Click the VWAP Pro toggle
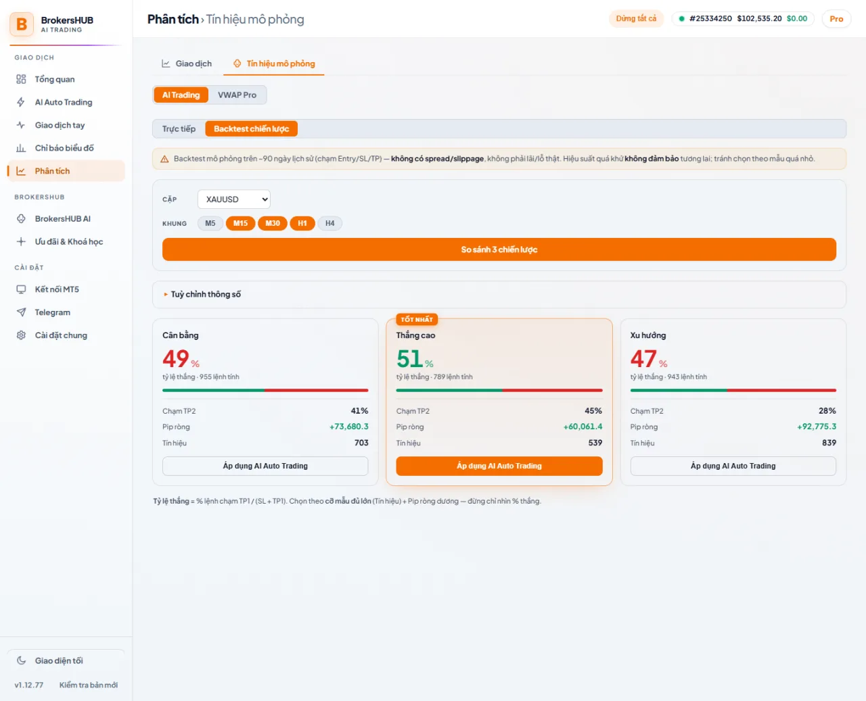click(237, 95)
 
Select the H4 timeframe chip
click(329, 223)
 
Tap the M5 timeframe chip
click(210, 223)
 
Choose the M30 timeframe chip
click(273, 223)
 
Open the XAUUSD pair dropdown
click(234, 199)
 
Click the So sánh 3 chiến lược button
click(499, 249)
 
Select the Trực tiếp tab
click(179, 128)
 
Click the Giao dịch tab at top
click(187, 64)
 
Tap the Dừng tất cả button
click(636, 19)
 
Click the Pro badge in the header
click(836, 19)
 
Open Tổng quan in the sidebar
click(55, 79)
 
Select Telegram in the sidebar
click(53, 312)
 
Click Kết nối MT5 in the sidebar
click(57, 289)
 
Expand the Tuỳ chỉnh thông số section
click(206, 294)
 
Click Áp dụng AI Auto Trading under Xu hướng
click(733, 466)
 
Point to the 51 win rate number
click(409, 359)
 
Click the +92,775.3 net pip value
click(817, 427)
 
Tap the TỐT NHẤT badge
click(417, 319)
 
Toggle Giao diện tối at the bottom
click(59, 661)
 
